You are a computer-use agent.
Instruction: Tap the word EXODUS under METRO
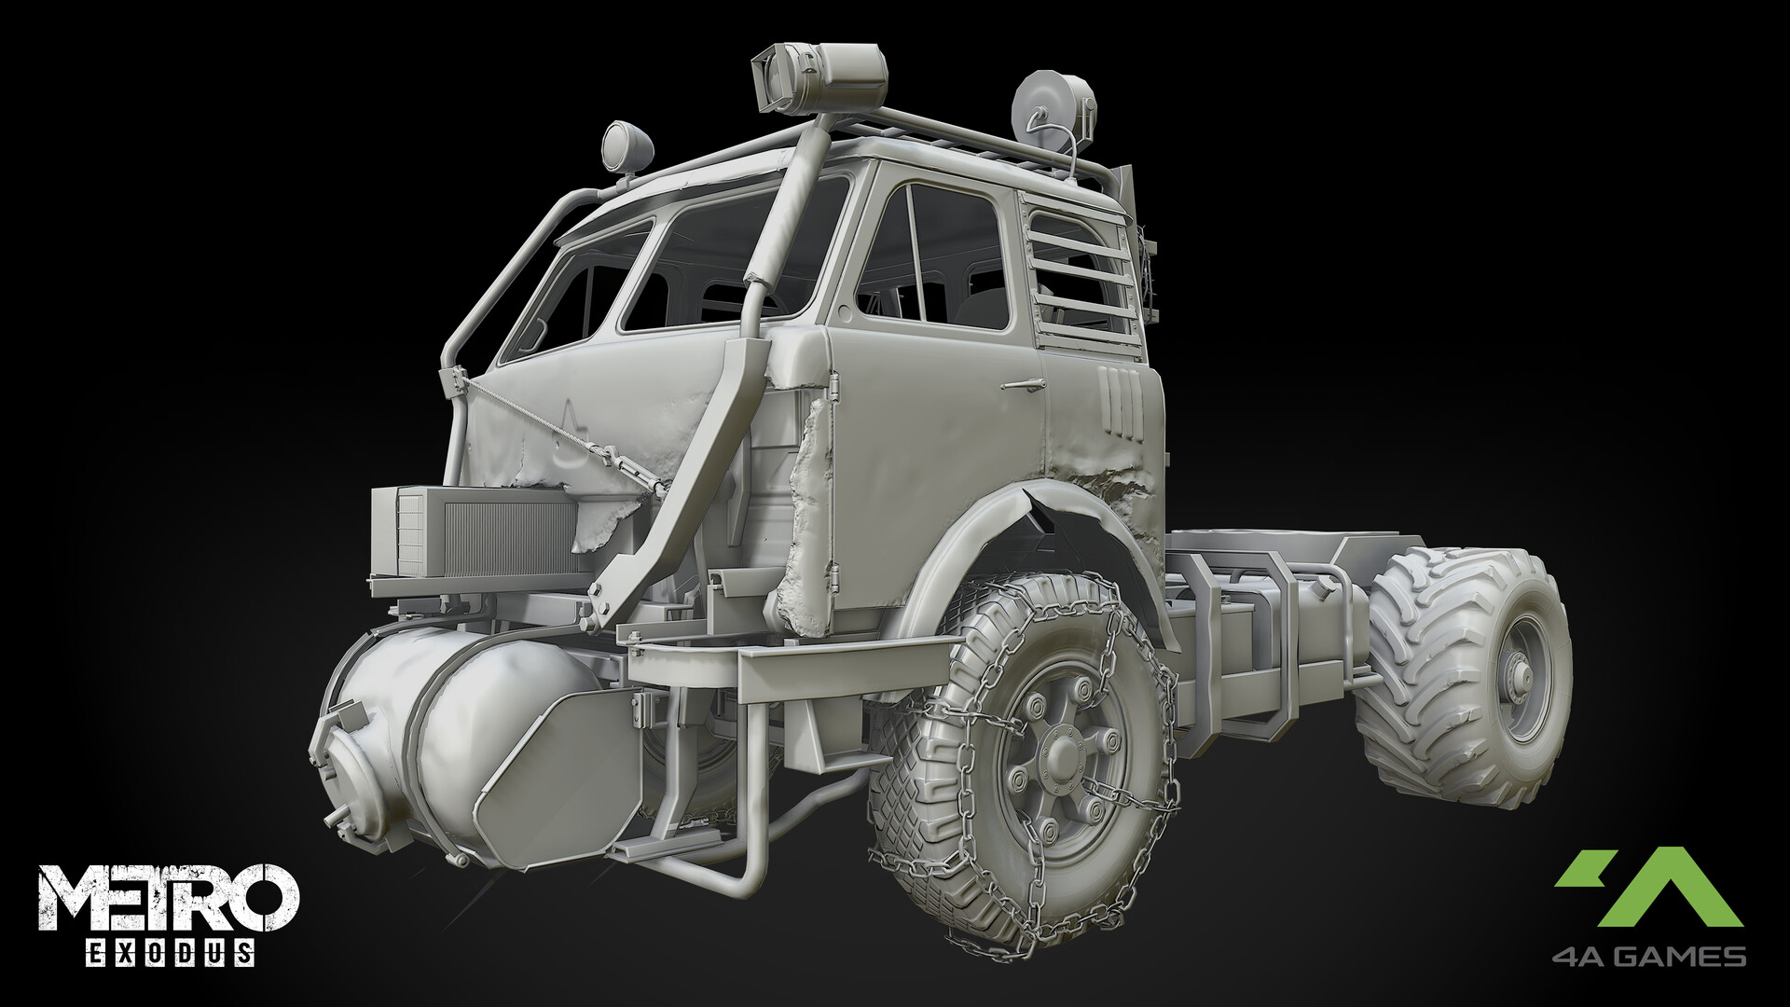tap(169, 954)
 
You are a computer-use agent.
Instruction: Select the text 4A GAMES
tap(1649, 957)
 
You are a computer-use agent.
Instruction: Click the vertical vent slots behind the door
tap(1119, 401)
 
